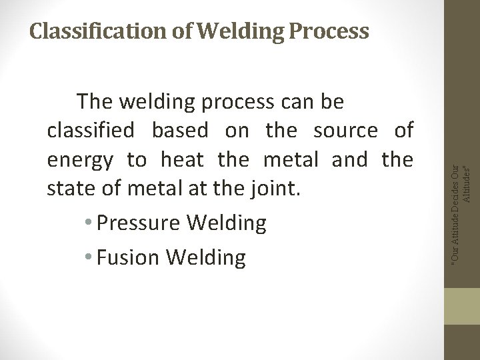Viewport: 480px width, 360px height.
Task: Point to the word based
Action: (183, 131)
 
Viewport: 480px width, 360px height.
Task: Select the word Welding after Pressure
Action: (227, 224)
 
